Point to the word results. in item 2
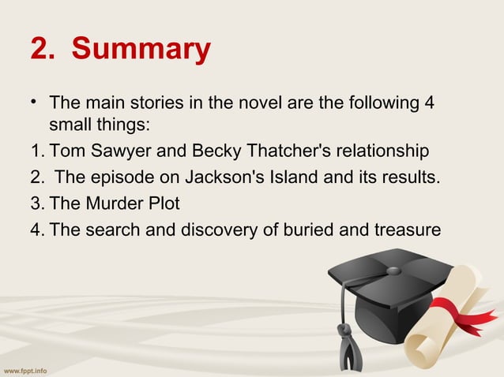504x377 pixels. pos(407,177)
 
